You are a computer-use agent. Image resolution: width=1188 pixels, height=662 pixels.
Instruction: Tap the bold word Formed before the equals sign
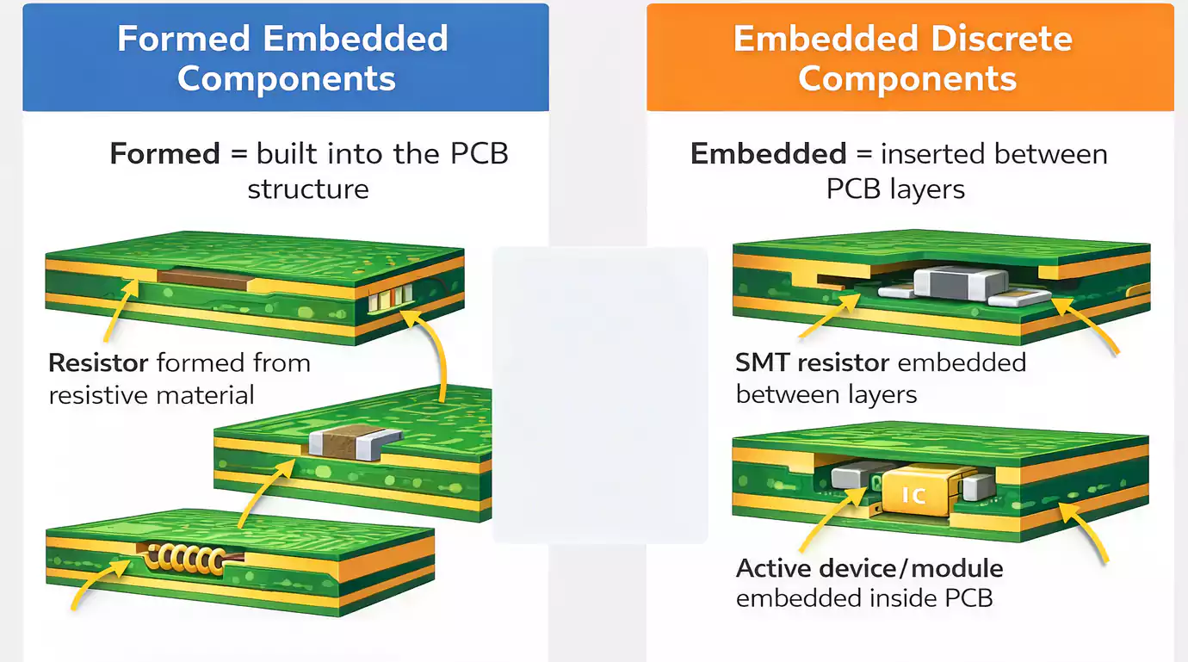pyautogui.click(x=164, y=154)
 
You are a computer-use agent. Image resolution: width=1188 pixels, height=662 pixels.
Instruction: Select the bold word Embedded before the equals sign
pyautogui.click(x=768, y=154)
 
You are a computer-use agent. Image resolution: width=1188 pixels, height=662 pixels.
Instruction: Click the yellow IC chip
pyautogui.click(x=913, y=493)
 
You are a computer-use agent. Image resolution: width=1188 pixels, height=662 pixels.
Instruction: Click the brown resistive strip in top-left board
pyautogui.click(x=207, y=277)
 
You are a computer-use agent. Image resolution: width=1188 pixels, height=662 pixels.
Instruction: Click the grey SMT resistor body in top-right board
pyautogui.click(x=960, y=282)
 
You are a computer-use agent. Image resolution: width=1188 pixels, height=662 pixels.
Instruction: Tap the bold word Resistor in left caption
pyautogui.click(x=98, y=363)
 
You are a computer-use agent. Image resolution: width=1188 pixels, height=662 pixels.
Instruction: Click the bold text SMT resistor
pyautogui.click(x=812, y=363)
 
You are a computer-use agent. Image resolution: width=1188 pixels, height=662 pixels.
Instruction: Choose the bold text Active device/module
pyautogui.click(x=869, y=568)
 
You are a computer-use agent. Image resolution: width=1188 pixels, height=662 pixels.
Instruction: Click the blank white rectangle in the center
pyautogui.click(x=599, y=394)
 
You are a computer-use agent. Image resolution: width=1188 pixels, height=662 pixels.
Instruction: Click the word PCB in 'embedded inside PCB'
pyautogui.click(x=968, y=597)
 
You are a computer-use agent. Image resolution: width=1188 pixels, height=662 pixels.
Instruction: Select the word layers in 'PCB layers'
pyautogui.click(x=928, y=189)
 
